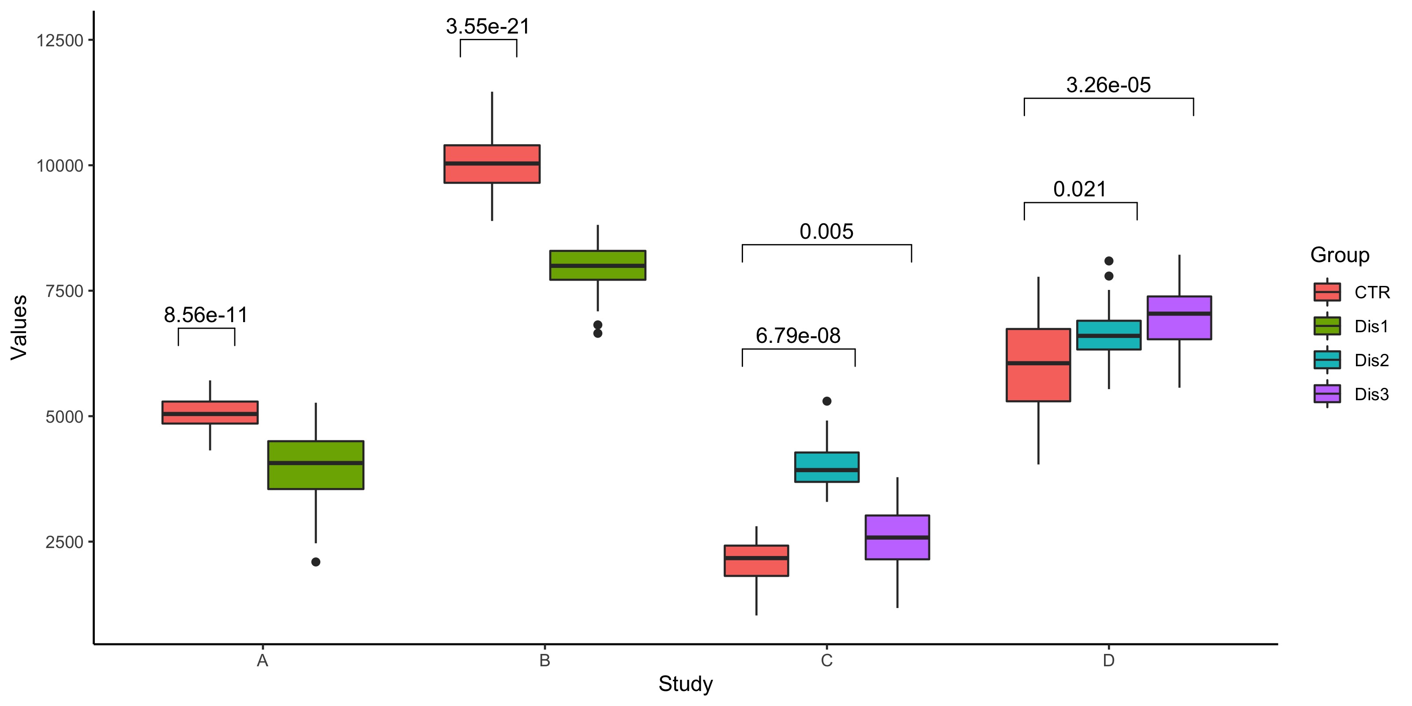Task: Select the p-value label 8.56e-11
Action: pos(206,315)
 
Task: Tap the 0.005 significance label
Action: pos(826,231)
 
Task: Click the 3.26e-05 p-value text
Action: pos(1108,85)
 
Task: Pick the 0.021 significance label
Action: pos(1079,189)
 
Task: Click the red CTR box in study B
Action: pos(492,164)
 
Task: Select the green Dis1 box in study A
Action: pos(316,465)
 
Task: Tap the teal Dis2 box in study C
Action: pos(826,467)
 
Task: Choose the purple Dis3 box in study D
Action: pos(1179,318)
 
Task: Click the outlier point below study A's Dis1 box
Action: pos(316,562)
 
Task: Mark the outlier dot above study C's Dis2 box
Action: pos(826,401)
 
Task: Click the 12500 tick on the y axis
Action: pos(59,41)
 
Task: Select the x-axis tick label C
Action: pos(826,661)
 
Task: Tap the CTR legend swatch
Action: pos(1326,292)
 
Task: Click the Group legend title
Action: pos(1340,255)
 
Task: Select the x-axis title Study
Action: pos(685,683)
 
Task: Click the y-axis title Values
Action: pos(19,327)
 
